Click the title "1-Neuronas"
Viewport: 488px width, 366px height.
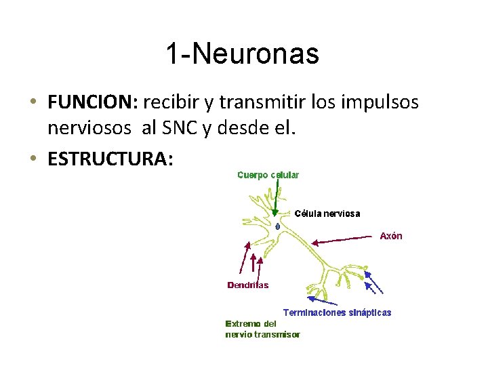(x=242, y=54)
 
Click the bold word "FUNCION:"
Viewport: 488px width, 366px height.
(x=93, y=102)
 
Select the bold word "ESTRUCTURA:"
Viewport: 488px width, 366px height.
(x=110, y=159)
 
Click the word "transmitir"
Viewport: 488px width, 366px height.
(x=243, y=102)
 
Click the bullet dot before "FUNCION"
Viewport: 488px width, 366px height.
(x=33, y=103)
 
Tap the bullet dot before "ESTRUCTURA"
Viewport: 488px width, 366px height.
(x=33, y=160)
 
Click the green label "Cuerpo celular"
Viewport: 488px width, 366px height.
(x=268, y=175)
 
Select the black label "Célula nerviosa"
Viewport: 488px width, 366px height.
(x=327, y=213)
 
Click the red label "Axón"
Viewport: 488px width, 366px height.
(x=391, y=236)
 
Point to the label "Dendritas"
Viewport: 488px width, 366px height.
(x=247, y=285)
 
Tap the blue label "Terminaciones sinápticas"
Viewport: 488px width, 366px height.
(x=337, y=312)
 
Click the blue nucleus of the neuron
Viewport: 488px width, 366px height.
(x=278, y=225)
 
